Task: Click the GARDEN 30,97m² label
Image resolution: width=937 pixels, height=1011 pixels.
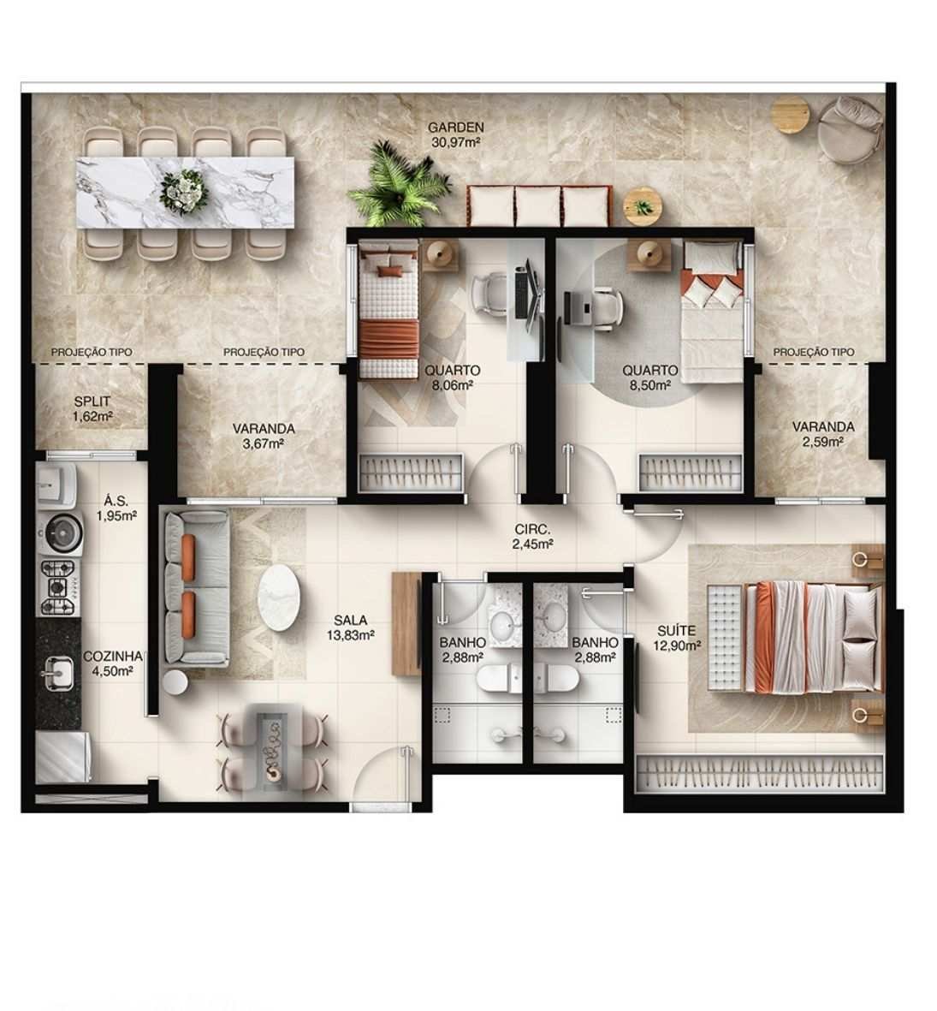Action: (x=456, y=134)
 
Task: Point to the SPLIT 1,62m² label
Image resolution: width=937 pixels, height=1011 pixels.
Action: (x=92, y=408)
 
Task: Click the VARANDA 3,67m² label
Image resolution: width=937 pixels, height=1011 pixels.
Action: (x=263, y=435)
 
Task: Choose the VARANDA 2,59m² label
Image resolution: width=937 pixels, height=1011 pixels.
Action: (x=822, y=433)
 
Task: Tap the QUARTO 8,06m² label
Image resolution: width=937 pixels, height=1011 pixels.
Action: (x=452, y=378)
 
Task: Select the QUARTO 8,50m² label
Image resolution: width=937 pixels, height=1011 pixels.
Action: (x=649, y=378)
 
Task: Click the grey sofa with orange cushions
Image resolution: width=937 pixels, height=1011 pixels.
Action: (x=194, y=587)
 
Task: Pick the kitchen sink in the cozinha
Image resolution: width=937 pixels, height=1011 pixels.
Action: (x=57, y=673)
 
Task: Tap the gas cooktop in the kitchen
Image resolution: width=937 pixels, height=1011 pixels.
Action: (x=58, y=587)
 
